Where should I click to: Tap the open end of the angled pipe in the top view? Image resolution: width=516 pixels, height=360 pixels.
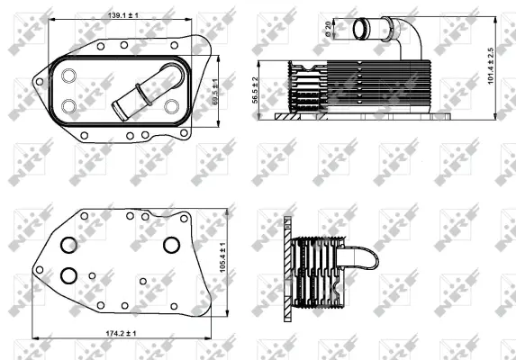tap(117, 110)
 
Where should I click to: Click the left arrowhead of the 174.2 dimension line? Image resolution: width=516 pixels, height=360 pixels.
tap(33, 341)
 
